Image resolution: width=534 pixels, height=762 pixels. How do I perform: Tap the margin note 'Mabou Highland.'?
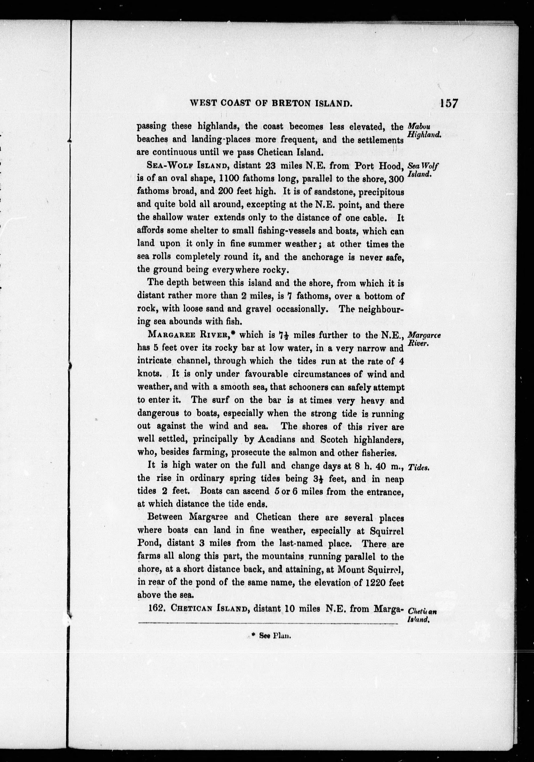[x=423, y=131]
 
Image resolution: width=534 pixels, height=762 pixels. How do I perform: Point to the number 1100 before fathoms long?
[x=228, y=179]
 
